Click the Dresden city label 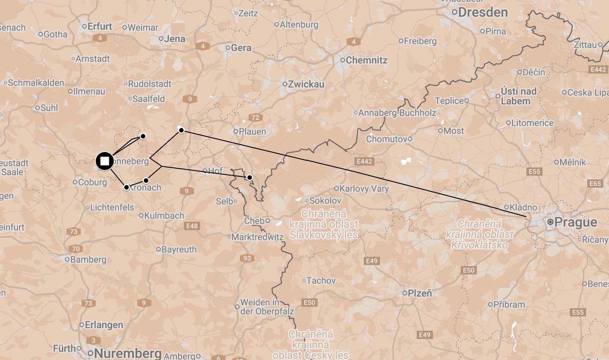(482, 12)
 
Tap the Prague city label (575, 222)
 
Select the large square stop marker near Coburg (105, 161)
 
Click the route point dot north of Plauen (181, 130)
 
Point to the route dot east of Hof (250, 177)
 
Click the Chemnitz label (366, 60)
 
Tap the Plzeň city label (419, 293)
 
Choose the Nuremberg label (128, 353)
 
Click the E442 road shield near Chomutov (364, 161)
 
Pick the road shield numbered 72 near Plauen (255, 117)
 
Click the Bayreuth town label (179, 249)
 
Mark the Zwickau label (306, 84)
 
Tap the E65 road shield (595, 184)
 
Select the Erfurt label (99, 27)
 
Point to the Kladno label (523, 207)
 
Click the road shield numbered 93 (247, 258)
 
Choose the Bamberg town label (88, 259)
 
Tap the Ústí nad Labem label (518, 96)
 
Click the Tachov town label (321, 280)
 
